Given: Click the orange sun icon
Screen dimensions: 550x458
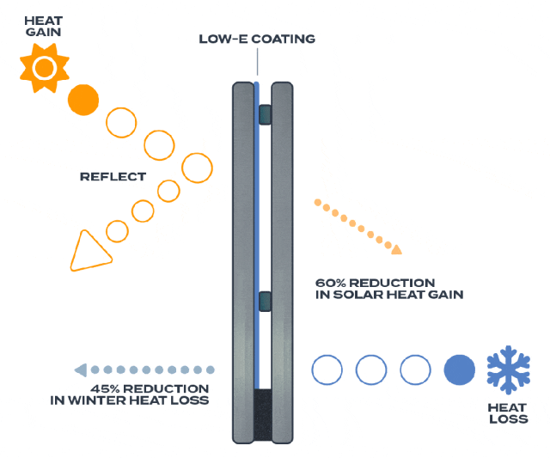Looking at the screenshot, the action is pos(45,68).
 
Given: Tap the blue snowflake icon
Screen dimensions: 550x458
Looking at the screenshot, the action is pos(508,370).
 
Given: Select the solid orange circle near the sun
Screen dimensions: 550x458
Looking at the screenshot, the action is pos(83,100).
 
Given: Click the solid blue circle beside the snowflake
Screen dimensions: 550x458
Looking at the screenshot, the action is pos(460,370).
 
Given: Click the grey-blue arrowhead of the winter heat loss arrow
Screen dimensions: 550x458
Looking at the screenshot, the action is pos(81,370).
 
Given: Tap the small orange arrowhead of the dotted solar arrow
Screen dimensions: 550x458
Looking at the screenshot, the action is pos(397,249).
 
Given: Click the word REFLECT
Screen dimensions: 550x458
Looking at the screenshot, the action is pos(113,176).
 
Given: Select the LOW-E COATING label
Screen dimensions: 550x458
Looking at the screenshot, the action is pos(257,39).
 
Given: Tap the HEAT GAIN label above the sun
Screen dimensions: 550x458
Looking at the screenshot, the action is pos(44,27).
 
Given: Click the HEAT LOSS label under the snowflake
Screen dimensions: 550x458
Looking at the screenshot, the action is pos(508,413).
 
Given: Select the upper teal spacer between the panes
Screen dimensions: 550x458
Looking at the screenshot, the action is pos(265,114).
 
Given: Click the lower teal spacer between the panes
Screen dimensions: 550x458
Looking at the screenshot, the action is pos(265,302).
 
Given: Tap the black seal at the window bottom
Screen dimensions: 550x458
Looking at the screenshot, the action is pos(263,415).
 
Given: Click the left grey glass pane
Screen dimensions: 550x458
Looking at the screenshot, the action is pos(243,263).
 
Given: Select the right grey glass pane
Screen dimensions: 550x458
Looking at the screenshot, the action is pos(283,263).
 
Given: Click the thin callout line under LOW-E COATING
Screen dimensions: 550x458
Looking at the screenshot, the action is pos(258,62).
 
